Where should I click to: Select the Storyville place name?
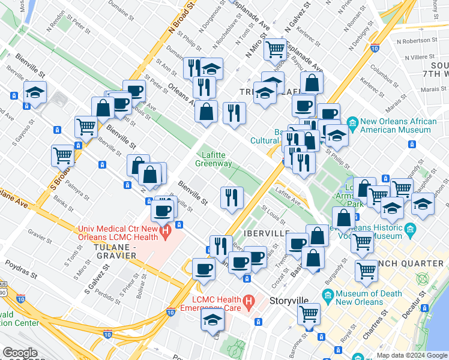click(x=289, y=301)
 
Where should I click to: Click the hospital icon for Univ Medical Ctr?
click(x=179, y=227)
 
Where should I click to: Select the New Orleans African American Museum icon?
click(x=353, y=122)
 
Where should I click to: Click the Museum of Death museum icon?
click(x=328, y=295)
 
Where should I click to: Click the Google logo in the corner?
click(x=20, y=353)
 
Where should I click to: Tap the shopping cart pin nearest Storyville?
click(x=309, y=313)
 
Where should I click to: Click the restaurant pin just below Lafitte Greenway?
click(x=231, y=197)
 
